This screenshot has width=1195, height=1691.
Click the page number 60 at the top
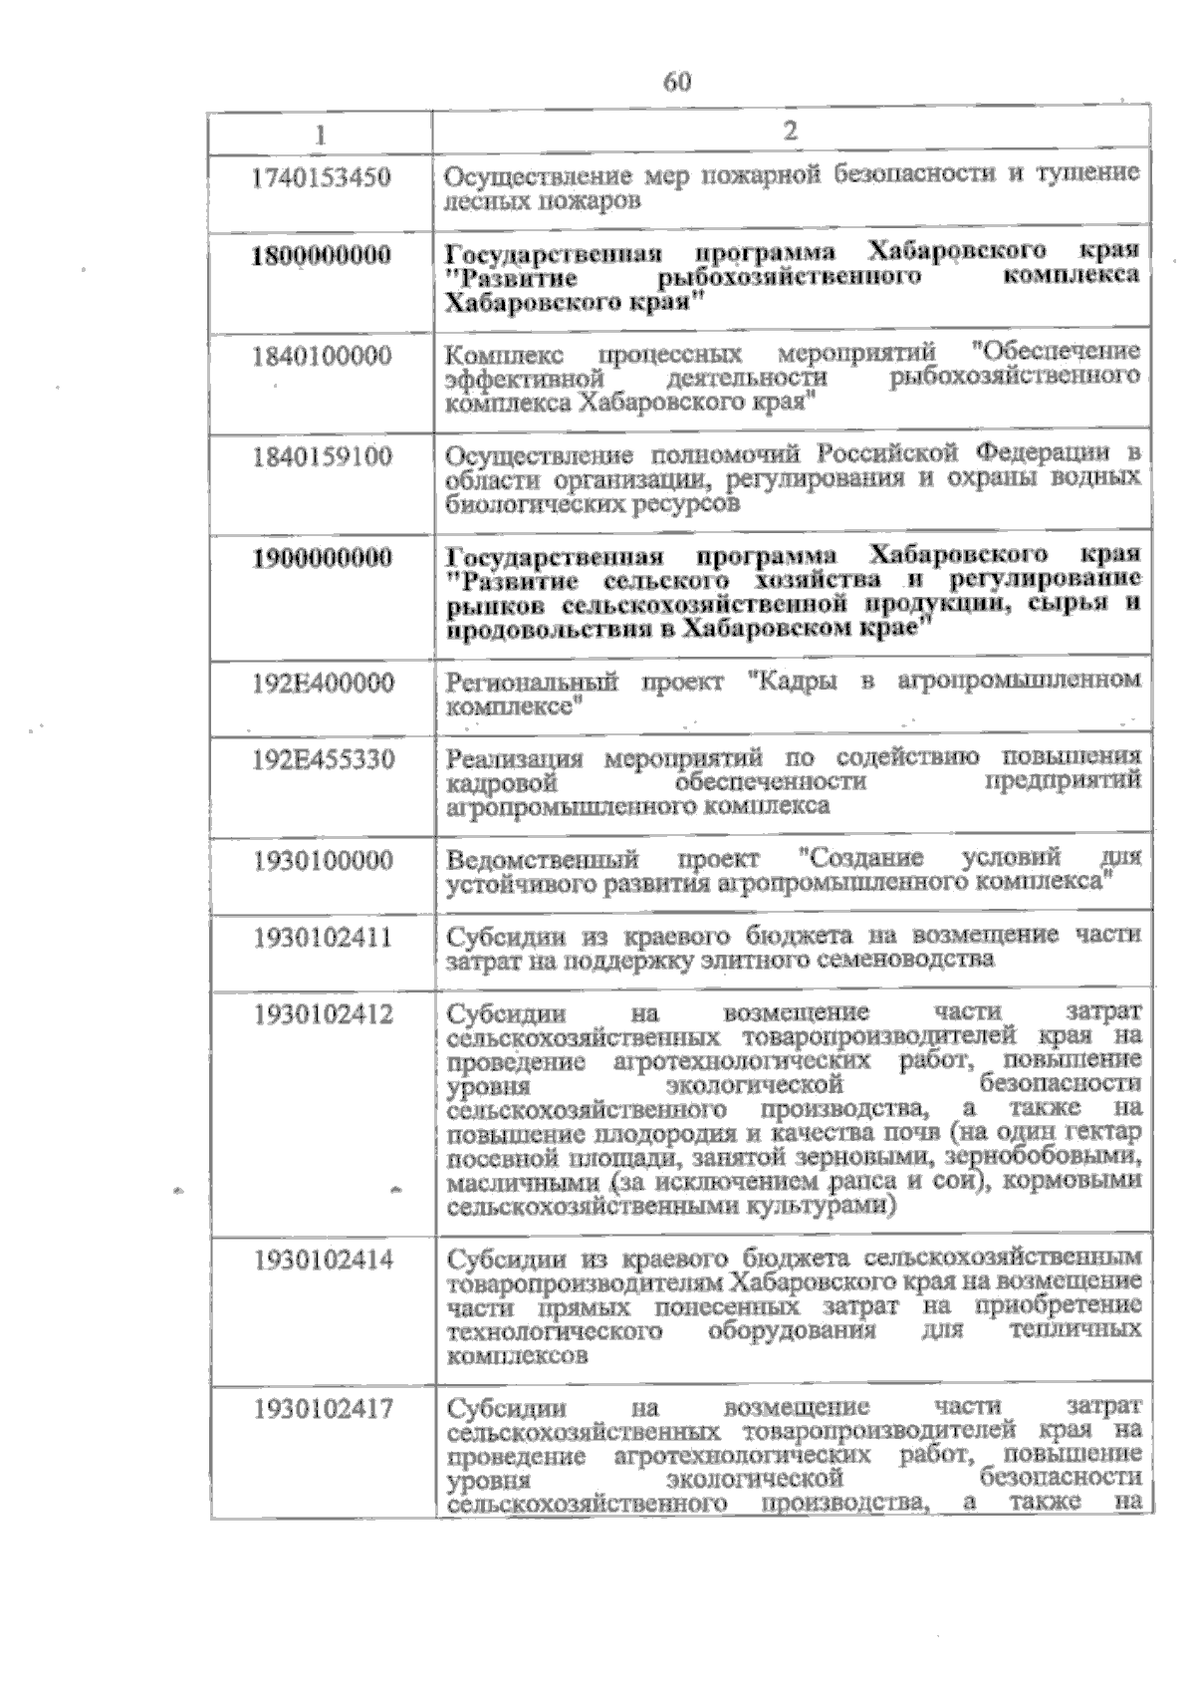[676, 82]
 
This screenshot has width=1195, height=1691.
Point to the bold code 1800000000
[321, 255]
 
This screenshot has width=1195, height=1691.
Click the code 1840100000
[322, 356]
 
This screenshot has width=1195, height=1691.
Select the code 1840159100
[322, 457]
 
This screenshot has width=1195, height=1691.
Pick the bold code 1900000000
[322, 557]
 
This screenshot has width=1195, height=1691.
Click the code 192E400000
[323, 684]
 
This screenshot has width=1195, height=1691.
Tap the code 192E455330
[323, 760]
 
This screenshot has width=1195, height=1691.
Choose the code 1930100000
[323, 860]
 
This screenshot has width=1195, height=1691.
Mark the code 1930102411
[323, 937]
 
